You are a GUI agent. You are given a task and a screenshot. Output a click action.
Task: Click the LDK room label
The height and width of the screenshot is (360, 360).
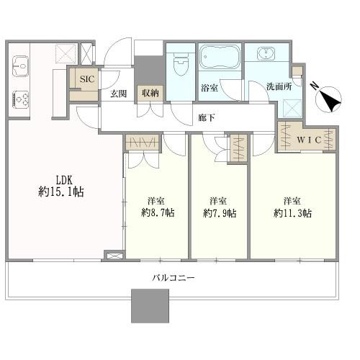[64, 179]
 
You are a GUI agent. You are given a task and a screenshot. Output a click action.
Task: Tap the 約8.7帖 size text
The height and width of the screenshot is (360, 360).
[158, 212]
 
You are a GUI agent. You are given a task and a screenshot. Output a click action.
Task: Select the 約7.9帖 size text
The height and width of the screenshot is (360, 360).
[220, 213]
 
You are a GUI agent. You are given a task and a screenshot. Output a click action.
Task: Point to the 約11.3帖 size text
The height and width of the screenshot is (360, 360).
[292, 213]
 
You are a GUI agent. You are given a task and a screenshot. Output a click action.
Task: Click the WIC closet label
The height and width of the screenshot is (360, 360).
[309, 140]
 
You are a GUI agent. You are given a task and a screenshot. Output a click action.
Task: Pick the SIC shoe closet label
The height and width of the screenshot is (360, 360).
[87, 79]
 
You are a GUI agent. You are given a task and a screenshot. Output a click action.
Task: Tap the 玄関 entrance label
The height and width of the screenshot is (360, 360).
[119, 94]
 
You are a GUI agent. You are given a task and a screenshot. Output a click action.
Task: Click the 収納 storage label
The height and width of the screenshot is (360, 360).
[150, 93]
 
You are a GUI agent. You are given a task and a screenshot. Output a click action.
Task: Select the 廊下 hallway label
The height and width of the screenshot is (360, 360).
[207, 117]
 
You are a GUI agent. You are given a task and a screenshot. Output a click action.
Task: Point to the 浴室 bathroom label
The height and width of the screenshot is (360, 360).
[210, 88]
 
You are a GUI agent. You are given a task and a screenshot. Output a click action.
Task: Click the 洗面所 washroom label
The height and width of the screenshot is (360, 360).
[279, 86]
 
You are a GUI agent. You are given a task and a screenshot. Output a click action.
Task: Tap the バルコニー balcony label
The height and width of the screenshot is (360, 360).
[174, 278]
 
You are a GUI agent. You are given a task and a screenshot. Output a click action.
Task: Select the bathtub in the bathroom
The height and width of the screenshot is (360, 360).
[220, 57]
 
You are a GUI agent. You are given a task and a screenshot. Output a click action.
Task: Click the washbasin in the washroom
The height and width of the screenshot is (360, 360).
[266, 53]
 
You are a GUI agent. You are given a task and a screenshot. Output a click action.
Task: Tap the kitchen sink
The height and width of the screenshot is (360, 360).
[21, 66]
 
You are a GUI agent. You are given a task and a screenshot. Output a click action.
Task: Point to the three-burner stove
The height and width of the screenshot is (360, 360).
[20, 99]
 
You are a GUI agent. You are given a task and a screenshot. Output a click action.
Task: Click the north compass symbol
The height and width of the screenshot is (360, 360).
[329, 99]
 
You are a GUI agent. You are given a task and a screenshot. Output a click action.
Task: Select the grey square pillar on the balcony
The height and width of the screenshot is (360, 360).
[150, 306]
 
